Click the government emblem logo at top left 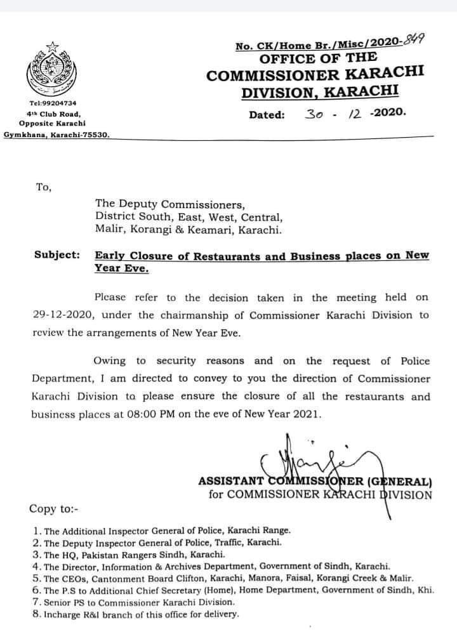coord(51,70)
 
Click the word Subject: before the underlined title coord(56,255)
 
